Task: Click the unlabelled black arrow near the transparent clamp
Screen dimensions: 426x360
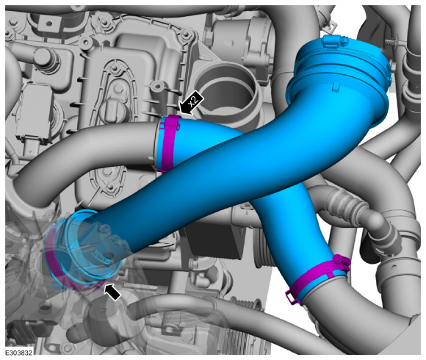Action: (x=112, y=292)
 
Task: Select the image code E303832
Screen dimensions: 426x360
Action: (x=19, y=353)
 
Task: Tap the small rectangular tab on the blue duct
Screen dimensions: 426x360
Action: (x=336, y=87)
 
